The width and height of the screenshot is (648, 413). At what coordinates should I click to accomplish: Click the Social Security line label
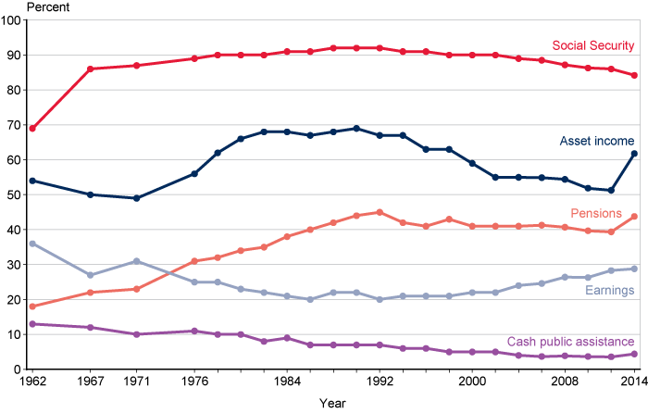pos(592,45)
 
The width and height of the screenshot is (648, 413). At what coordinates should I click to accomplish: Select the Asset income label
pos(596,142)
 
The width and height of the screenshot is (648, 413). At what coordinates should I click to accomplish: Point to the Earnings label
pos(608,291)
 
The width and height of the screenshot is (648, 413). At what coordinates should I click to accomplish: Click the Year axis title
pos(333,403)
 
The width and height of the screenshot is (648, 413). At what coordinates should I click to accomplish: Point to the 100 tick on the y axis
pos(12,20)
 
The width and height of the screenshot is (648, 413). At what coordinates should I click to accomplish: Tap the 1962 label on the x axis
pos(31,381)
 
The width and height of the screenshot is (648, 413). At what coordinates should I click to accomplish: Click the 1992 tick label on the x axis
pos(380,381)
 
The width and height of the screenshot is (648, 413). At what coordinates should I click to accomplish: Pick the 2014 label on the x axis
pos(633,381)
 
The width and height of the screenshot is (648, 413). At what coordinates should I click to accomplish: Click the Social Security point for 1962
pos(32,128)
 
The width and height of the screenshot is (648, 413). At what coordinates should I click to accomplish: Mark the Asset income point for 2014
pos(634,154)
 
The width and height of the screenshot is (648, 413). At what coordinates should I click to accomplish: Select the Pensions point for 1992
pos(380,212)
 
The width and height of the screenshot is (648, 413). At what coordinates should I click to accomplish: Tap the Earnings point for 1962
pos(32,244)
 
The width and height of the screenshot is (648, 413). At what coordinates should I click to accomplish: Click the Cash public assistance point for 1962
pos(32,324)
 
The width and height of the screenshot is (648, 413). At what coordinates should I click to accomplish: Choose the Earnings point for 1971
pos(136,261)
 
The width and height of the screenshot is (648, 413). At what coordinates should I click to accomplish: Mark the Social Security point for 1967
pos(90,69)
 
